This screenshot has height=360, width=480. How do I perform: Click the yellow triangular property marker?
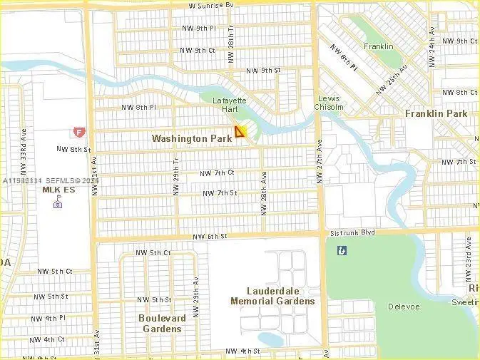coord(240,131)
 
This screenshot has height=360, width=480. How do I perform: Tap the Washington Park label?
coord(192,138)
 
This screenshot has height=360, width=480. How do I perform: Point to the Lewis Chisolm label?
coord(330,103)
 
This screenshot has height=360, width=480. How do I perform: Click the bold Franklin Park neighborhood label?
coord(436,113)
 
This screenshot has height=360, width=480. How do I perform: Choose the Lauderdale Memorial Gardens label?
coord(272,296)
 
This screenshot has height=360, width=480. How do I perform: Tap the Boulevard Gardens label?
coord(162,323)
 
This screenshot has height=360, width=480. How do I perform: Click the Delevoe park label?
coord(400,307)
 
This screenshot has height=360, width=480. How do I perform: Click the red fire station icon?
coord(78,132)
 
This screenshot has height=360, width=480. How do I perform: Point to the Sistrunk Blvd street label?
coord(352,232)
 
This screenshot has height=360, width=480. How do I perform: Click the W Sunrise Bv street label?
coord(211,5)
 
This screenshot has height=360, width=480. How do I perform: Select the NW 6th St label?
coord(210,236)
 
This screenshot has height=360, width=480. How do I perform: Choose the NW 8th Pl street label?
coord(138,107)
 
